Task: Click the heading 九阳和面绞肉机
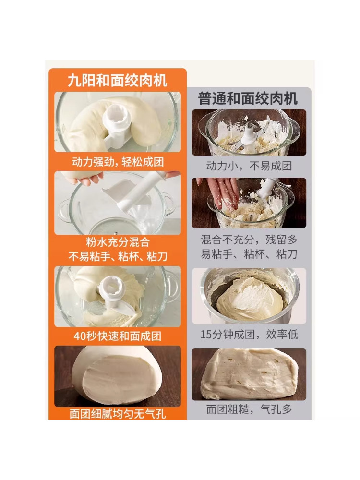(117, 80)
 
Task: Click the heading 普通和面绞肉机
(248, 98)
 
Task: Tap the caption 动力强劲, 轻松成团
(118, 162)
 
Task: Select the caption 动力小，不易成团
(249, 167)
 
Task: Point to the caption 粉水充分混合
(118, 243)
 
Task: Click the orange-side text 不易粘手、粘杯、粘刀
(118, 257)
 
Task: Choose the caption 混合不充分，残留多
(249, 240)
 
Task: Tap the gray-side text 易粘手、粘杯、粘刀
(249, 254)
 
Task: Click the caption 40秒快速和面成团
(118, 336)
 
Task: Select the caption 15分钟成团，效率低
(249, 334)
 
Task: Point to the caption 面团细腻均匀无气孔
(118, 413)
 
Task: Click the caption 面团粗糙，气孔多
(249, 409)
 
